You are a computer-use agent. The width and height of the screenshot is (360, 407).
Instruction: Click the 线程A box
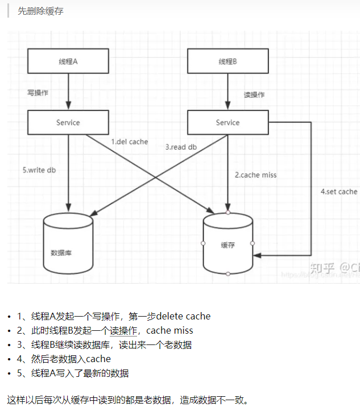point(68,61)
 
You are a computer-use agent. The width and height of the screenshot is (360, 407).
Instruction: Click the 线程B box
point(227,61)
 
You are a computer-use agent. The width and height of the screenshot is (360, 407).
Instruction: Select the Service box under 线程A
point(68,123)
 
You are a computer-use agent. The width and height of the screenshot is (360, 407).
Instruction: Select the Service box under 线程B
point(227,123)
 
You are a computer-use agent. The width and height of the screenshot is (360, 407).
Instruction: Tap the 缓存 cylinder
point(227,244)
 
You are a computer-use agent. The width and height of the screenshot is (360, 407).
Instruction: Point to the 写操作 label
point(38,93)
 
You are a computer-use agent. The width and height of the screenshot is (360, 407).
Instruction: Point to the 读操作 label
point(254,95)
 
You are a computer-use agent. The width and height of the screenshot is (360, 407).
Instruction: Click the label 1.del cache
point(129,142)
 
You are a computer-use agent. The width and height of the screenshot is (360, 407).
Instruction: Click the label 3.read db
point(181,147)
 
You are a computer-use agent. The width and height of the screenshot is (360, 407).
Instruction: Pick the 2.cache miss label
point(256,175)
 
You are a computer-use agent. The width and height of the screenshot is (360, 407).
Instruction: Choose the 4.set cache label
point(338,192)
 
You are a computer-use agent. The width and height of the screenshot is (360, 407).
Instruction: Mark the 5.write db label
point(39,170)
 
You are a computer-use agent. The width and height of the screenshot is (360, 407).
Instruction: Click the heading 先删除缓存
point(40,11)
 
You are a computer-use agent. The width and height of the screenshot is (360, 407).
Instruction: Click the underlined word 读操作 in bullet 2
point(123,331)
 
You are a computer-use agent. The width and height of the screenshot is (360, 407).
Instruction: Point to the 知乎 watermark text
point(322,268)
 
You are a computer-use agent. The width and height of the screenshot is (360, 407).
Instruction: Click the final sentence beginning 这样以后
point(128,400)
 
